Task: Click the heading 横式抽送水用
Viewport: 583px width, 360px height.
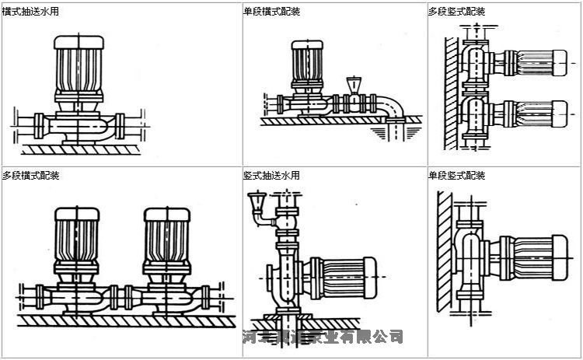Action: pyautogui.click(x=31, y=12)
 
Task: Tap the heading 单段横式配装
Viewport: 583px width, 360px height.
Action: pyautogui.click(x=271, y=12)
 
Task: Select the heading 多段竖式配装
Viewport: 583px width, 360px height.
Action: pyautogui.click(x=456, y=12)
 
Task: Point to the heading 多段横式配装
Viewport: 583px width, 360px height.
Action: pyautogui.click(x=31, y=176)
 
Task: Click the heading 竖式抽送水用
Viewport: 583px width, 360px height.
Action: pyautogui.click(x=271, y=176)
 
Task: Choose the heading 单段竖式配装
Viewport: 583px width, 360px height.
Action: pyautogui.click(x=456, y=176)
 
